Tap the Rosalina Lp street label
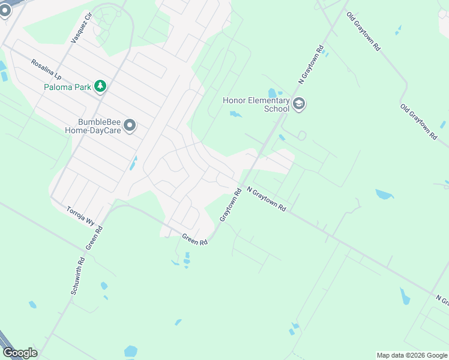pyautogui.click(x=46, y=70)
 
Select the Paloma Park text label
pyautogui.click(x=67, y=87)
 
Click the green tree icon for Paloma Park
pyautogui.click(x=100, y=87)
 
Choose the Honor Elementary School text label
pyautogui.click(x=256, y=105)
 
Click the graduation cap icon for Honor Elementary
pyautogui.click(x=299, y=105)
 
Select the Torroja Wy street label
pyautogui.click(x=80, y=217)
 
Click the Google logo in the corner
pyautogui.click(x=20, y=352)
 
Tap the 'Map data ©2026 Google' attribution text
pyautogui.click(x=412, y=355)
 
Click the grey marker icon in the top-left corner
pyautogui.click(x=5, y=10)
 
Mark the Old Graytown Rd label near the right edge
pyautogui.click(x=418, y=122)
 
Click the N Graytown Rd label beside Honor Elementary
pyautogui.click(x=312, y=64)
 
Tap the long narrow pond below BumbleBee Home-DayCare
pyautogui.click(x=134, y=163)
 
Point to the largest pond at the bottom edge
pyautogui.click(x=131, y=351)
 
